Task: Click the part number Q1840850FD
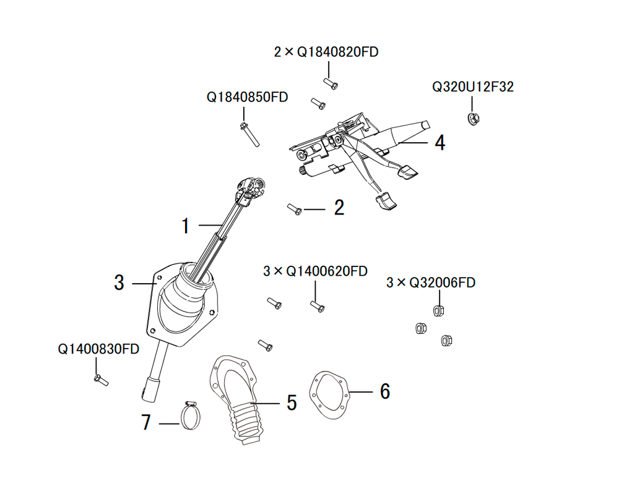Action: pyautogui.click(x=247, y=97)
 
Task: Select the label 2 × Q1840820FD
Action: pyautogui.click(x=326, y=52)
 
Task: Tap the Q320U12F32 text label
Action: pyautogui.click(x=473, y=87)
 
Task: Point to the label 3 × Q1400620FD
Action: pyautogui.click(x=315, y=271)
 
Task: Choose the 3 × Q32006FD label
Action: pyautogui.click(x=431, y=283)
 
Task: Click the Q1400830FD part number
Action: pyautogui.click(x=98, y=349)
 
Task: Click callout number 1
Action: pyautogui.click(x=185, y=226)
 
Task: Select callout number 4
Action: pyautogui.click(x=439, y=143)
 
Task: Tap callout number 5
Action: pyautogui.click(x=292, y=403)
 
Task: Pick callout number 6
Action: pyautogui.click(x=385, y=391)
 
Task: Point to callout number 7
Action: pyautogui.click(x=146, y=422)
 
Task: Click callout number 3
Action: pyautogui.click(x=119, y=283)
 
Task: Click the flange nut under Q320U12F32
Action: pyautogui.click(x=473, y=119)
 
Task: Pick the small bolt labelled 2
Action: pyautogui.click(x=295, y=209)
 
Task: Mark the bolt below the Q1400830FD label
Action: pyautogui.click(x=102, y=380)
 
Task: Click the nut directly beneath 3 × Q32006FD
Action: pyautogui.click(x=438, y=310)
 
